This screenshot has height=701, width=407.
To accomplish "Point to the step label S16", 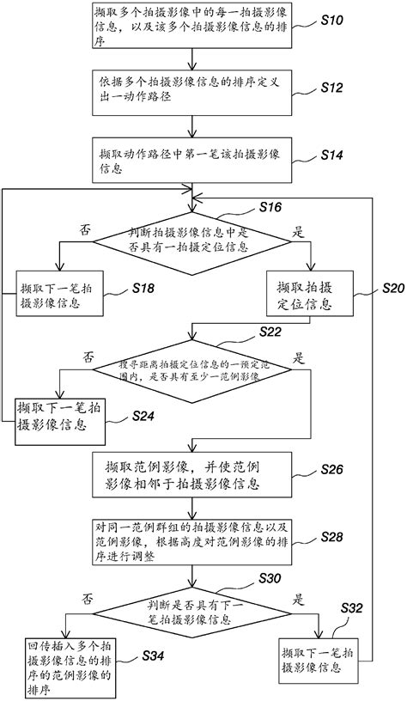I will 276,209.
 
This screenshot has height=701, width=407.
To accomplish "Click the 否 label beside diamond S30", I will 88,597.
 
